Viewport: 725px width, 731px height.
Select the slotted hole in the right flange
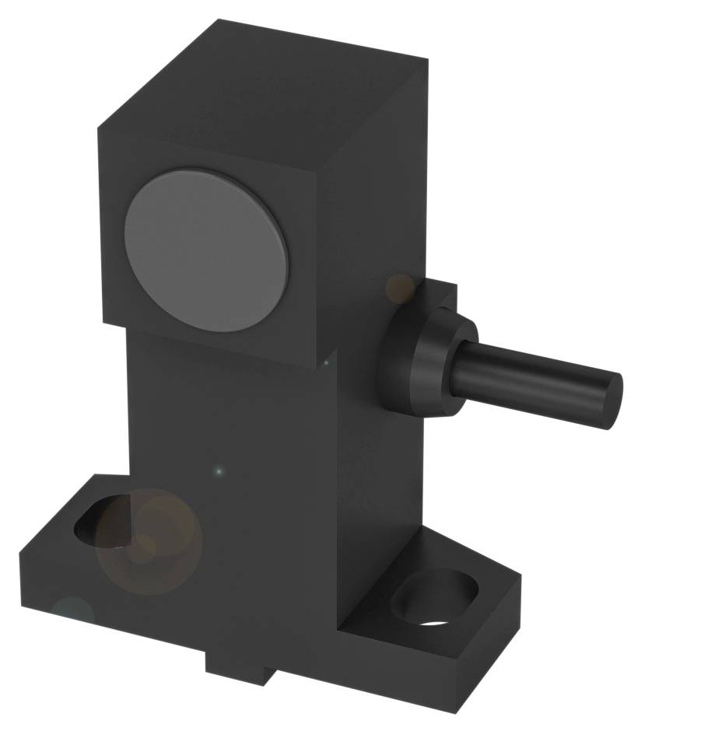[432, 599]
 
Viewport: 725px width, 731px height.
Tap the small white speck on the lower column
[219, 470]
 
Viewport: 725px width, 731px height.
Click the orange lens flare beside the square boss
[401, 288]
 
